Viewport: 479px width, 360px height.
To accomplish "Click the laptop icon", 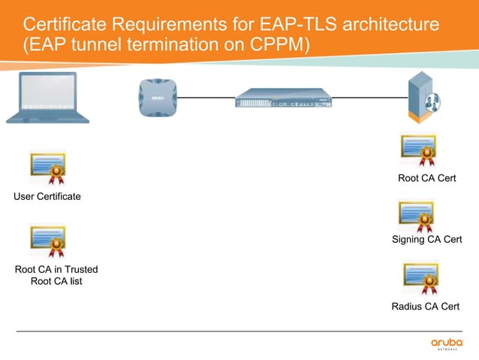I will pyautogui.click(x=47, y=98).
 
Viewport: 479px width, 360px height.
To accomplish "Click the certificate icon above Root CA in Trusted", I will pyautogui.click(x=47, y=241).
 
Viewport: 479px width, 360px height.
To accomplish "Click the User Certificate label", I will pyautogui.click(x=47, y=197).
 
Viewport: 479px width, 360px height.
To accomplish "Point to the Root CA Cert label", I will pyautogui.click(x=426, y=179).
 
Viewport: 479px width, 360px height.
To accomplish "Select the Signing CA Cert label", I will pyautogui.click(x=426, y=240).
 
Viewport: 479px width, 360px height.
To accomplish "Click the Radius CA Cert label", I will pyautogui.click(x=426, y=307).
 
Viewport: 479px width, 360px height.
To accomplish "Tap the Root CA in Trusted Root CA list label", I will pyautogui.click(x=56, y=275).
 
